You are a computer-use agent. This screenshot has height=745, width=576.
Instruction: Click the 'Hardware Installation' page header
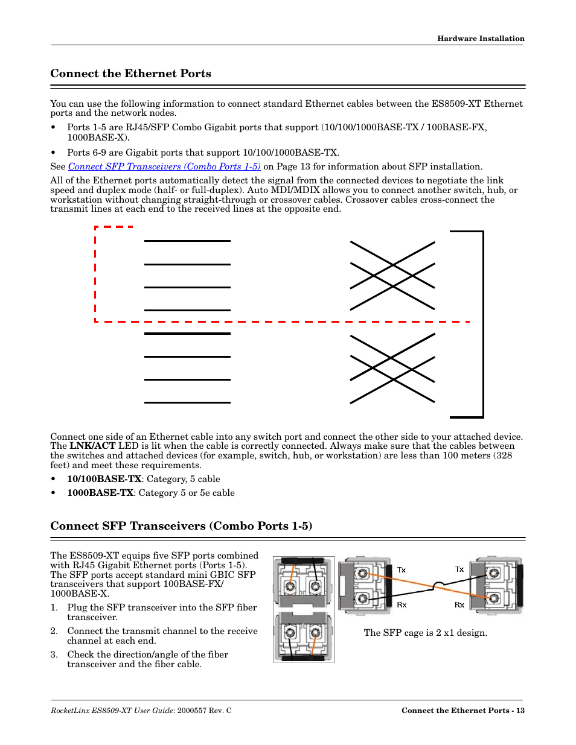coord(481,39)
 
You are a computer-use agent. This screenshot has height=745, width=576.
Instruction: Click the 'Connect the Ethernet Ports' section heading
coord(131,74)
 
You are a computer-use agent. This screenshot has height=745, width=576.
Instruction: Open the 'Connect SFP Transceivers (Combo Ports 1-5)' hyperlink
coord(164,166)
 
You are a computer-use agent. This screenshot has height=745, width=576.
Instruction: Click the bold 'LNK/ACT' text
coord(92,446)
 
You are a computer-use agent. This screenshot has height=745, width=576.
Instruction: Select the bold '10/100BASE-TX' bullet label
coord(104,479)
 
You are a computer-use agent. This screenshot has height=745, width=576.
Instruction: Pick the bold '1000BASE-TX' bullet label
coord(100,493)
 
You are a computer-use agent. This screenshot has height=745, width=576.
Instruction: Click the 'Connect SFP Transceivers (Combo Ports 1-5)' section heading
coord(181,526)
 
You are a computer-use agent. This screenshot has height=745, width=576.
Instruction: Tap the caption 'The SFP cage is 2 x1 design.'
coord(425,633)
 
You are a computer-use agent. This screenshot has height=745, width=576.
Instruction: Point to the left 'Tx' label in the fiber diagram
coord(402,570)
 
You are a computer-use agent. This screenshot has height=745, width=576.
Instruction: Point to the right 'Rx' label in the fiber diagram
coord(459,605)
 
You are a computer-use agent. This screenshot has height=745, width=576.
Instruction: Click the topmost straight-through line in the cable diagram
coord(187,241)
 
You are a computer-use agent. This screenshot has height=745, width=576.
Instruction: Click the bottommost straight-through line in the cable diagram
coord(187,402)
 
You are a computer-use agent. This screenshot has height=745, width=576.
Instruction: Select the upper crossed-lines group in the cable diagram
coord(392,276)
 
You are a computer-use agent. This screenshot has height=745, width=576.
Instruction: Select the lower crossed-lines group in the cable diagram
coord(392,369)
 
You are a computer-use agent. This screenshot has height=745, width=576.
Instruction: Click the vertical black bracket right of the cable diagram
coord(483,324)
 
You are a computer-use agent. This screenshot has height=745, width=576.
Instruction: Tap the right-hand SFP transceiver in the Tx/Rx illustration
coord(496,585)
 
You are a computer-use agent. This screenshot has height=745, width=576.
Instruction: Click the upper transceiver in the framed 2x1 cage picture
coord(303,582)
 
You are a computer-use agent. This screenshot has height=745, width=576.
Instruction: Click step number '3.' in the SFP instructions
coord(54,655)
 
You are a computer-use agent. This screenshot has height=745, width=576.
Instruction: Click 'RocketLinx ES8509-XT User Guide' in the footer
coord(112,711)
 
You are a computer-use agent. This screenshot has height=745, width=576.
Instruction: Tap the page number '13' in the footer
coord(520,711)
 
